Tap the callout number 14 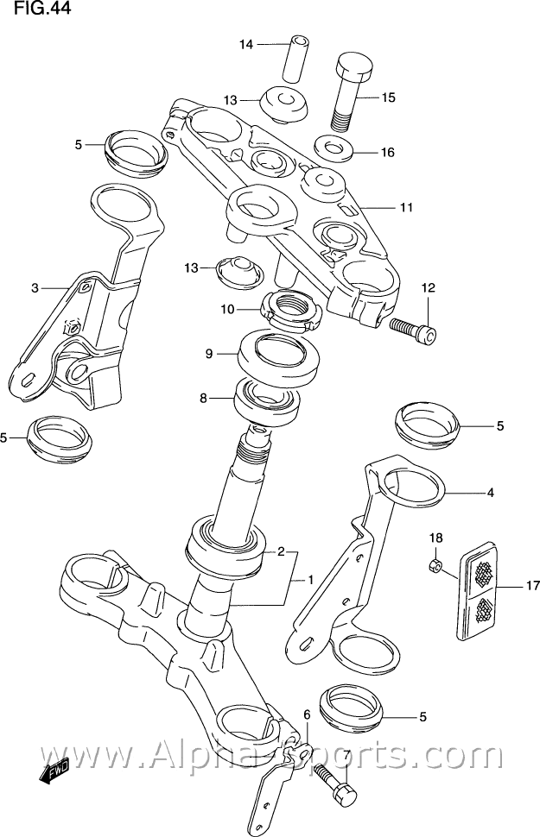tap(247, 44)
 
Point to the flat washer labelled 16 tap(334, 148)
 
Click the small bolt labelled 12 tap(413, 328)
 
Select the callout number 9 tap(209, 353)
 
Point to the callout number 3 tap(35, 288)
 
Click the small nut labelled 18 tap(437, 567)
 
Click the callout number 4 tap(490, 494)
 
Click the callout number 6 tap(306, 714)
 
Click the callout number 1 tap(310, 580)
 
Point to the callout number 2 tap(281, 551)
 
